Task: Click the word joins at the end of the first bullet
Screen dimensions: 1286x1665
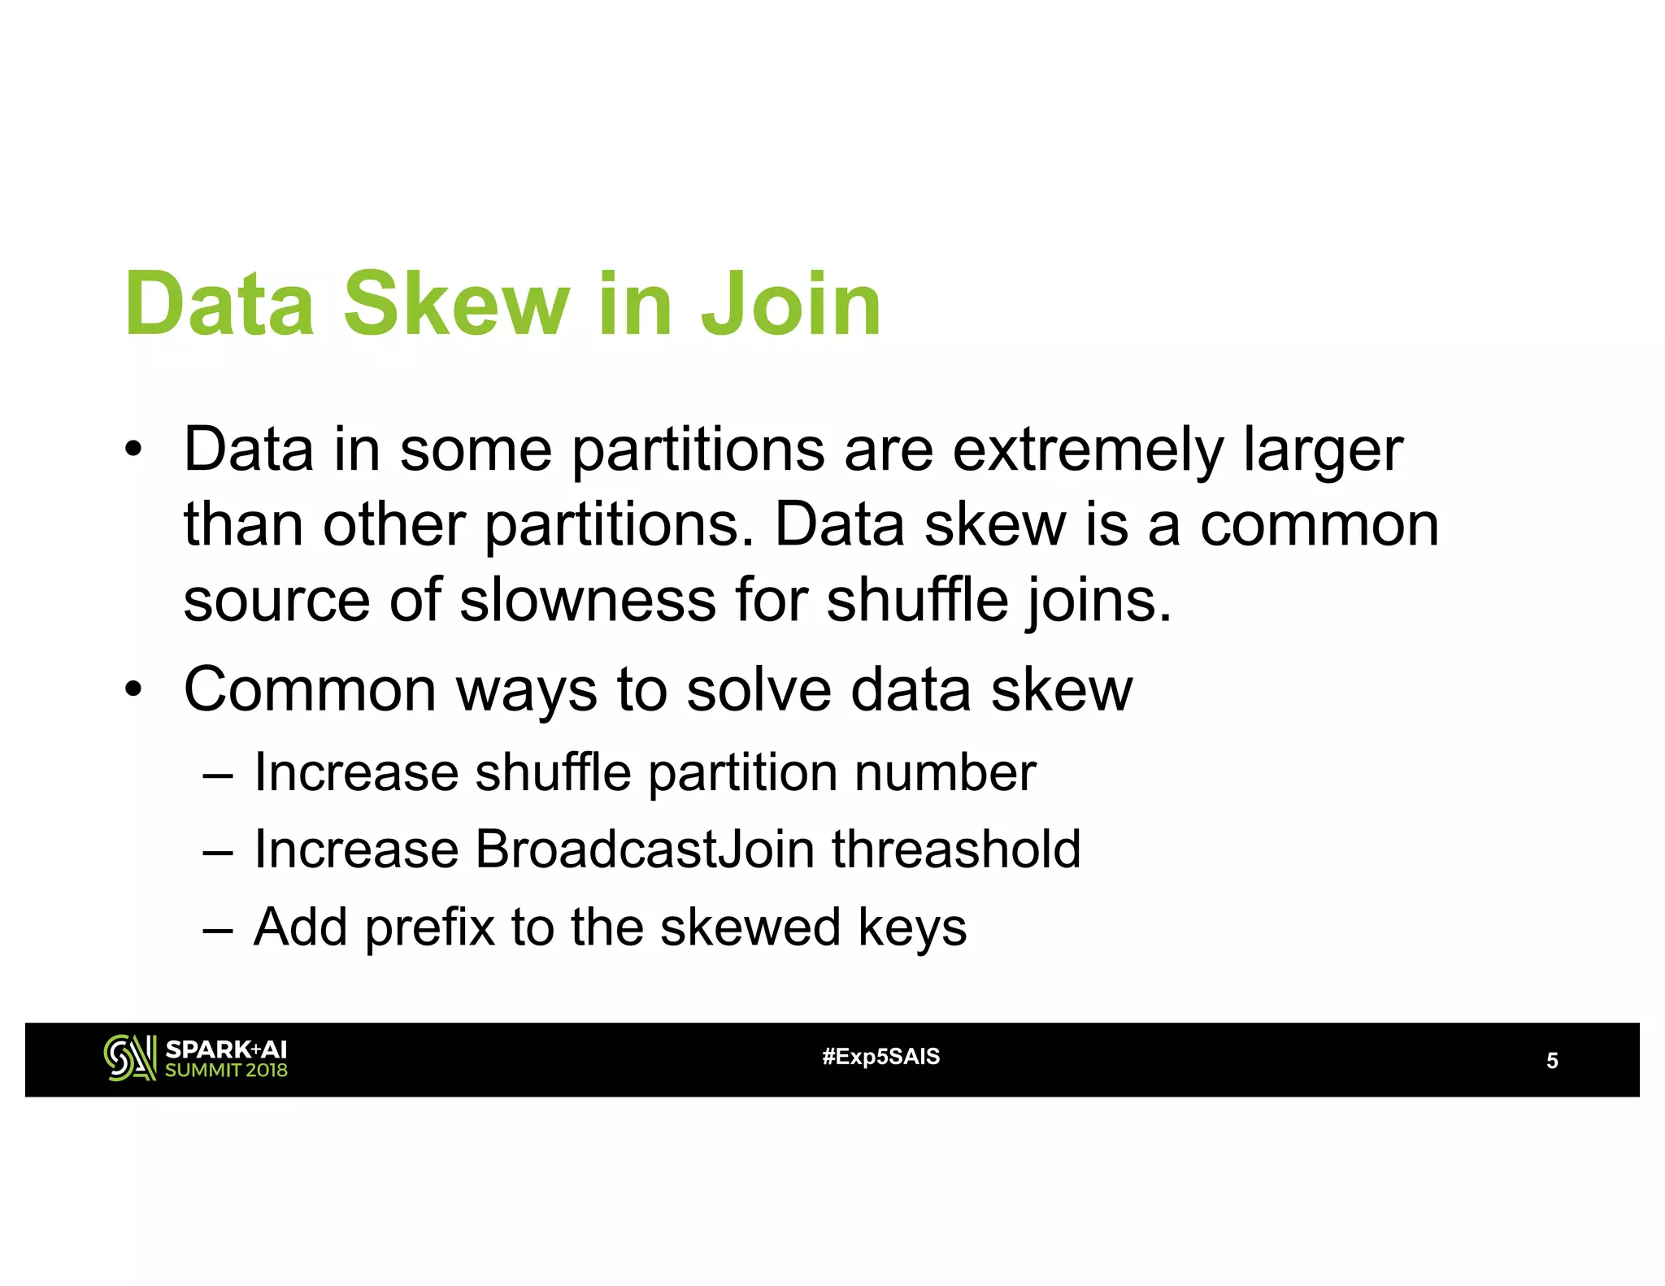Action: pyautogui.click(x=1098, y=600)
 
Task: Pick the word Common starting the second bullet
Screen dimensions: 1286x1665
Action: pyautogui.click(x=311, y=689)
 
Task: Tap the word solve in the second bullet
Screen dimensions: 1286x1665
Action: pyautogui.click(x=759, y=689)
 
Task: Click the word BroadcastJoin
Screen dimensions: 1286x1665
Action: pyautogui.click(x=644, y=849)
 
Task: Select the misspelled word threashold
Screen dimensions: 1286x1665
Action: pyautogui.click(x=956, y=849)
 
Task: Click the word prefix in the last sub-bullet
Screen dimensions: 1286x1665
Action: pyautogui.click(x=430, y=928)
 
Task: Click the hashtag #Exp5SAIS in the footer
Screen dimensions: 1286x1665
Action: pyautogui.click(x=880, y=1057)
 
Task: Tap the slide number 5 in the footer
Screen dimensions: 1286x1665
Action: pyautogui.click(x=1552, y=1061)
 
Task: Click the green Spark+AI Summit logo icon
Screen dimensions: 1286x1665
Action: pyautogui.click(x=129, y=1058)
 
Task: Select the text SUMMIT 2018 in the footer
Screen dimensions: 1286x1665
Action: pyautogui.click(x=226, y=1071)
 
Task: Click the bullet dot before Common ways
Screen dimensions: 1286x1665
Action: pyautogui.click(x=133, y=690)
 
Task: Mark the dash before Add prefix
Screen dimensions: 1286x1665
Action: pyautogui.click(x=218, y=929)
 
